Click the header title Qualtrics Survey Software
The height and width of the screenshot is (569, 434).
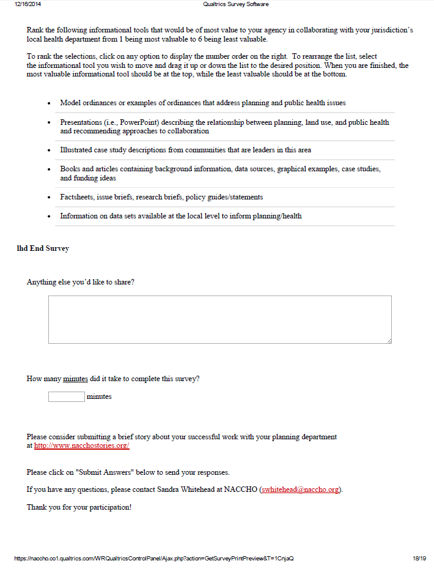tap(235, 4)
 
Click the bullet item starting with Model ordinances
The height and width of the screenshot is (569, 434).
tap(202, 103)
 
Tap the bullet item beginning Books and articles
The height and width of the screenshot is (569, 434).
tap(219, 173)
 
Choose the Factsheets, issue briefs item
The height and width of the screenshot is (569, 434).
tap(161, 197)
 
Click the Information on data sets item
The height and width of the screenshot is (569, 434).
tap(180, 216)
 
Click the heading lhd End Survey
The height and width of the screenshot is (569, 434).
tap(43, 248)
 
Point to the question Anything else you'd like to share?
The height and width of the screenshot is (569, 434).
tap(81, 282)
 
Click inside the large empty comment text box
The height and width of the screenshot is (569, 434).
tap(219, 319)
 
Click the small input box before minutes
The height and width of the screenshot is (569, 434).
tap(66, 396)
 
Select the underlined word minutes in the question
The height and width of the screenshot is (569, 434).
tap(75, 379)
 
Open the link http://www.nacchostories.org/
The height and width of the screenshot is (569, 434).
tap(81, 446)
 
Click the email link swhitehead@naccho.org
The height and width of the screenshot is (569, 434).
tap(301, 490)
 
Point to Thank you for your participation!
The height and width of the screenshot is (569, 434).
tap(79, 507)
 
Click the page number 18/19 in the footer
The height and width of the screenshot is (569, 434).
tap(419, 559)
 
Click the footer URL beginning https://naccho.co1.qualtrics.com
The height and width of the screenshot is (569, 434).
tap(153, 559)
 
